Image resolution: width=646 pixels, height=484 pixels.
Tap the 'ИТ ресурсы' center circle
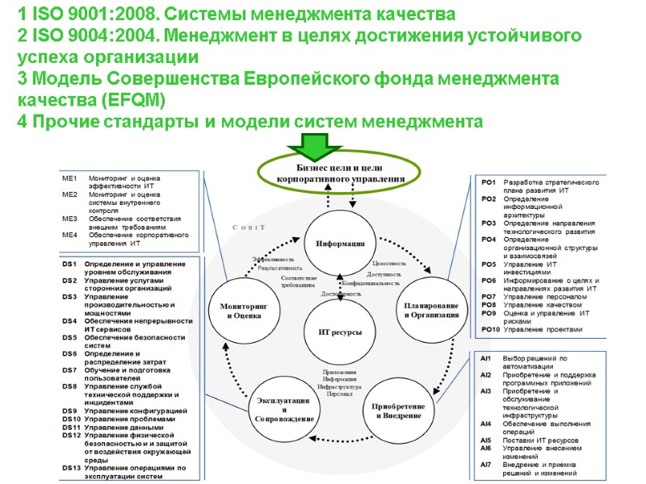(x=340, y=332)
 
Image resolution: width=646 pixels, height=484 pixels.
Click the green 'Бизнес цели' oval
(x=340, y=172)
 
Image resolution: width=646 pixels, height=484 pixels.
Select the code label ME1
(x=69, y=178)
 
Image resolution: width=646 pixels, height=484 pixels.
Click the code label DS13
(x=71, y=468)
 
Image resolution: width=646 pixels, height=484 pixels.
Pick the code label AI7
(x=486, y=465)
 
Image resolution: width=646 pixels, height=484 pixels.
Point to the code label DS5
(x=69, y=337)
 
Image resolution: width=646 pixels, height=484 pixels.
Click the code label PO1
(x=489, y=183)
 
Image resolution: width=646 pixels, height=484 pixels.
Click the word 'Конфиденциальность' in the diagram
(x=371, y=284)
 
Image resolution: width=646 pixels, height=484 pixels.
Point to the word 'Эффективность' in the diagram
(x=272, y=258)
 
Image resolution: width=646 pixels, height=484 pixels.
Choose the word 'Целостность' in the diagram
(x=388, y=264)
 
